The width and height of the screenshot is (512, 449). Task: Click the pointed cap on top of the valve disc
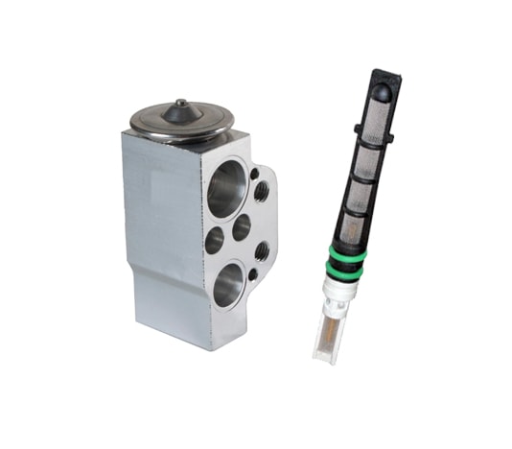181,111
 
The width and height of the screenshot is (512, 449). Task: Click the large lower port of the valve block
229,285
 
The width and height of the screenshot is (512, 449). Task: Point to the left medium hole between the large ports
214,239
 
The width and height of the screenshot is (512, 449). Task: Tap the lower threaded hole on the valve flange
261,252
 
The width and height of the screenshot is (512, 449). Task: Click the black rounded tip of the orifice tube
382,93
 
